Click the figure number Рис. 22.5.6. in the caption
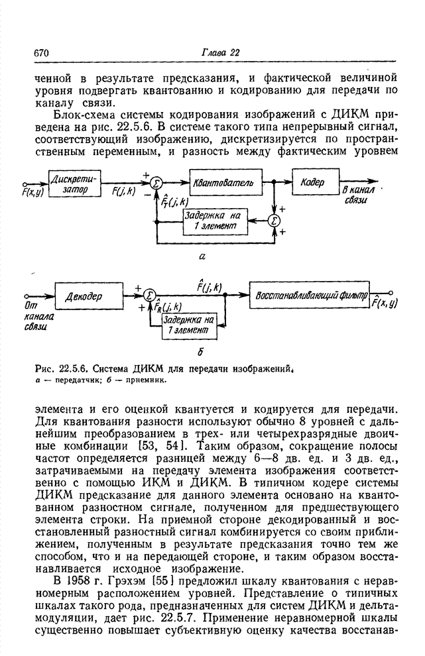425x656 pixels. [60, 370]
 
